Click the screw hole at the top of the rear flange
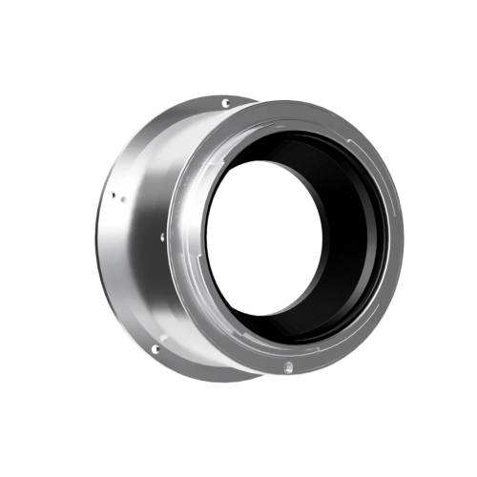pos(225,103)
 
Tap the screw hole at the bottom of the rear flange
pos(155,350)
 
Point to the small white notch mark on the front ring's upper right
pos(360,145)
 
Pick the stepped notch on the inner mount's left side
pos(202,205)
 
